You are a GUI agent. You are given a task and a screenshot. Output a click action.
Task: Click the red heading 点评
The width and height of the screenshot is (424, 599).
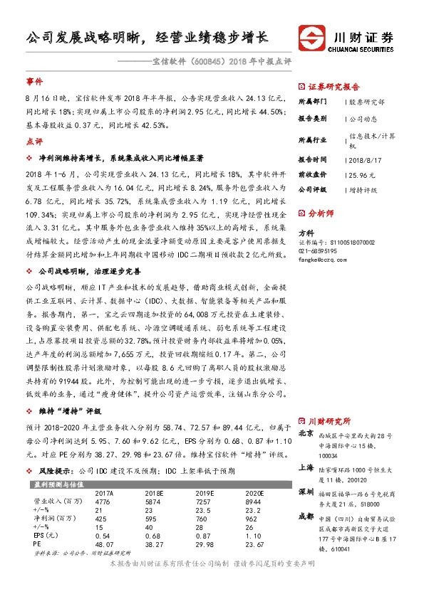coord(34,141)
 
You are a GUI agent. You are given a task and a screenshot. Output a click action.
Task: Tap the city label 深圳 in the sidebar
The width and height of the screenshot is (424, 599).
coord(306,492)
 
